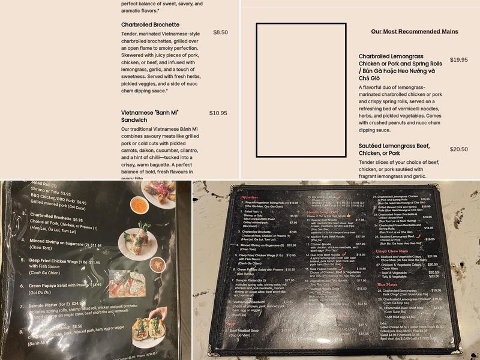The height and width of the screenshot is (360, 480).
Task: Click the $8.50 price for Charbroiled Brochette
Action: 220,32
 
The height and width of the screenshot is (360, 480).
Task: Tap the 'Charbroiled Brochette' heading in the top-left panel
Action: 150,25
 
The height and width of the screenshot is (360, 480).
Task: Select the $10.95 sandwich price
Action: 218,113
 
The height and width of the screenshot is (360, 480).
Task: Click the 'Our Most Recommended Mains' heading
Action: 414,31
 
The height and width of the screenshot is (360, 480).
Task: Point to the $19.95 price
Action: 458,59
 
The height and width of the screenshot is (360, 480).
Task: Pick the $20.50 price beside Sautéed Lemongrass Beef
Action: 458,149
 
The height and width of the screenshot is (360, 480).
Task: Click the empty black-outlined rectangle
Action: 301,90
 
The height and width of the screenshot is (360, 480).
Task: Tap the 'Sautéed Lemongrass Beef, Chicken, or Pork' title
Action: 394,149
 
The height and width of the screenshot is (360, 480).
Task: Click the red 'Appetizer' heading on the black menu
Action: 250,197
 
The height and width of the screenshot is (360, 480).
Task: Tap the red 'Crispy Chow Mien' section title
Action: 391,251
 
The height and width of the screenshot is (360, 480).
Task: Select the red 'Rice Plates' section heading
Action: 388,284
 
